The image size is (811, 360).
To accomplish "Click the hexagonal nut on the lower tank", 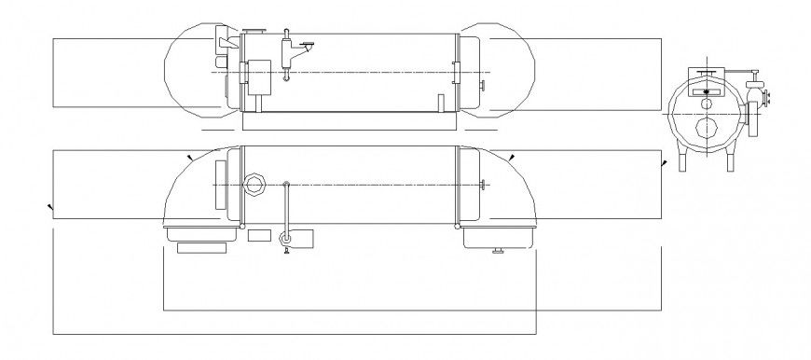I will [254, 184].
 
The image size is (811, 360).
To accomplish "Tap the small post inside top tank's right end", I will [439, 103].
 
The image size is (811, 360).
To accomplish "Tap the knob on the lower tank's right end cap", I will [482, 185].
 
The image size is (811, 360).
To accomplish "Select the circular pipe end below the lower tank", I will [286, 240].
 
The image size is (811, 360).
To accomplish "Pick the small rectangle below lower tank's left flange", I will [260, 235].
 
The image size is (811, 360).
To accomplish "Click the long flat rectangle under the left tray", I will [201, 248].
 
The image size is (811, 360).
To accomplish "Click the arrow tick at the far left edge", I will [48, 205].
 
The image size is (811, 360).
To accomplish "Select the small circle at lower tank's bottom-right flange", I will [458, 226].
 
